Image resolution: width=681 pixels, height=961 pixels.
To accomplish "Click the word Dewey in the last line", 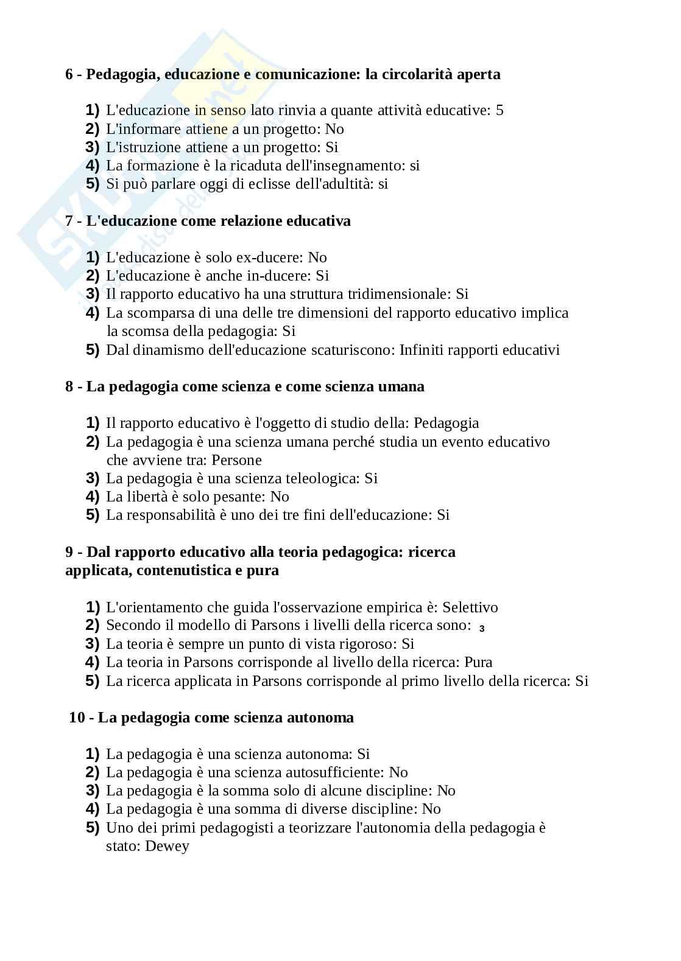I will pyautogui.click(x=167, y=846).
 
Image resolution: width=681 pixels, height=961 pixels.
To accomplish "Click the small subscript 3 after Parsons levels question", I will pyautogui.click(x=482, y=629).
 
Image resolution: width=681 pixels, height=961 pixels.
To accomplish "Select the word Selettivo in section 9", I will pyautogui.click(x=470, y=607).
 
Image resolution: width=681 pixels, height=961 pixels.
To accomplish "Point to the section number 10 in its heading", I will pyautogui.click(x=77, y=718).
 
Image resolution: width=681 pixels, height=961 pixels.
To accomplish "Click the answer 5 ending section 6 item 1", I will pyautogui.click(x=499, y=110).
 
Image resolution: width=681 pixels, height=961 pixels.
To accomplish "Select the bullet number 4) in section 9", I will pyautogui.click(x=92, y=662).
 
